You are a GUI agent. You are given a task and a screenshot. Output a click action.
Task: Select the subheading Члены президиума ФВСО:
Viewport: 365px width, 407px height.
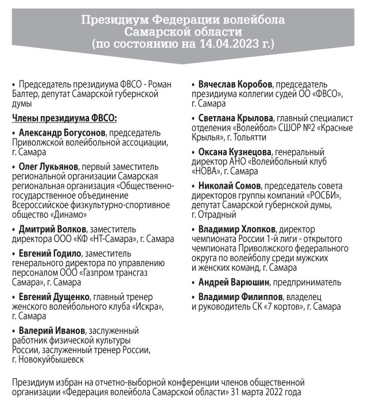tap(64, 118)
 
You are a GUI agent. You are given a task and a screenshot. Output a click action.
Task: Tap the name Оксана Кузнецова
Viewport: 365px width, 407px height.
tap(235, 152)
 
